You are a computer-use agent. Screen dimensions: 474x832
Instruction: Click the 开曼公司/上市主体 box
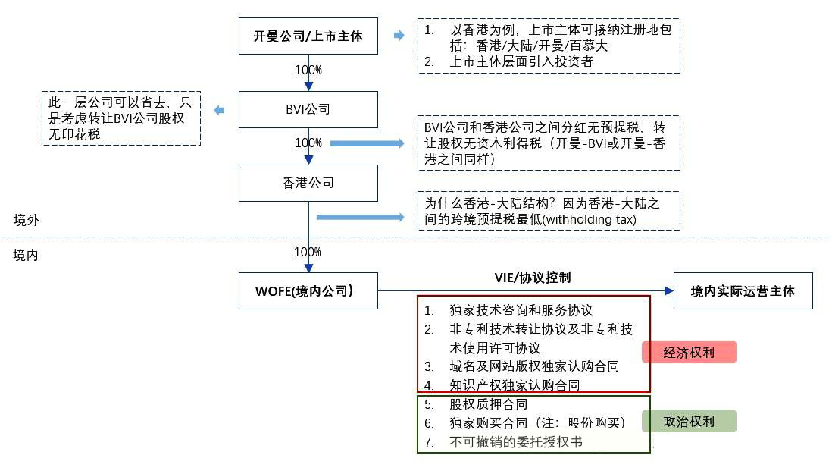pyautogui.click(x=308, y=36)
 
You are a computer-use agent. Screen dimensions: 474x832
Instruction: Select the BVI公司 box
pyautogui.click(x=308, y=109)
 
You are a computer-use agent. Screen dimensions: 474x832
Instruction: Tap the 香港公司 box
pyautogui.click(x=308, y=183)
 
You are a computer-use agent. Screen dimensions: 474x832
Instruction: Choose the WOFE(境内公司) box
pyautogui.click(x=308, y=290)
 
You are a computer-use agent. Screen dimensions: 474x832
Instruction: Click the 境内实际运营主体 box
pyautogui.click(x=743, y=290)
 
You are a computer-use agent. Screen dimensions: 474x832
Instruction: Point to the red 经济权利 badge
pyautogui.click(x=689, y=353)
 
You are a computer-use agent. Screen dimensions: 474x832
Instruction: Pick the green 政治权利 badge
pyautogui.click(x=689, y=421)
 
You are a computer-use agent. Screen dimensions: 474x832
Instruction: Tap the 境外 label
pyautogui.click(x=27, y=220)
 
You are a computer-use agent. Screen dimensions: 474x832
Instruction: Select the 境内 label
pyautogui.click(x=27, y=255)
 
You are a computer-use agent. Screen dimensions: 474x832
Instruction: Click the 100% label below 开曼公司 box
pyautogui.click(x=308, y=70)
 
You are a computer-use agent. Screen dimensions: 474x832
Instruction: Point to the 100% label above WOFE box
pyautogui.click(x=308, y=252)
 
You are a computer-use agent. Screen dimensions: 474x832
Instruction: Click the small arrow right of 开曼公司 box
pyautogui.click(x=399, y=36)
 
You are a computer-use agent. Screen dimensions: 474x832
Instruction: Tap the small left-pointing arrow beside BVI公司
pyautogui.click(x=219, y=111)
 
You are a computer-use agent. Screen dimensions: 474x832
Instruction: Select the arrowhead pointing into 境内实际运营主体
pyautogui.click(x=668, y=290)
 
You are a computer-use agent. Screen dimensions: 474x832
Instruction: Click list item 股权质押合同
pyautogui.click(x=488, y=404)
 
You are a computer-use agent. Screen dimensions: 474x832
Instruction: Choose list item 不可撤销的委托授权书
pyautogui.click(x=515, y=441)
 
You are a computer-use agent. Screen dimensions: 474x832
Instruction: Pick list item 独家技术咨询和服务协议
pyautogui.click(x=521, y=310)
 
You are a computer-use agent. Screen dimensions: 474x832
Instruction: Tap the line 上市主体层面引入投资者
pyautogui.click(x=521, y=62)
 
